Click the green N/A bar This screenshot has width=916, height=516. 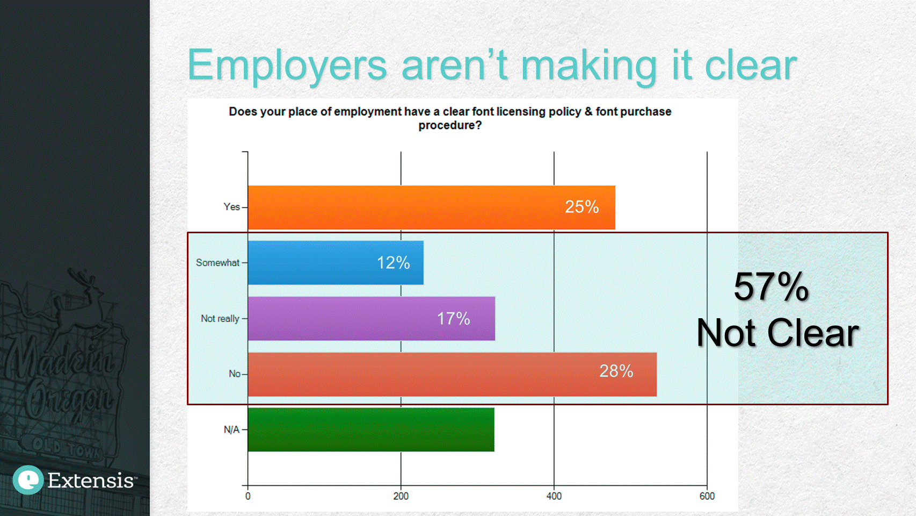pos(370,429)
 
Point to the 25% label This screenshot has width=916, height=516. pos(581,207)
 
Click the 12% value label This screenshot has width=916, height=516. pos(393,263)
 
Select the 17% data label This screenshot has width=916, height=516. pos(453,319)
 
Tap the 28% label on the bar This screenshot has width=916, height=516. pos(616,371)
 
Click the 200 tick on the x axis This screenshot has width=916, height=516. pos(401,496)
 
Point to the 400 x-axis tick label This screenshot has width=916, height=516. pos(554,496)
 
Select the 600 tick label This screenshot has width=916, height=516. pos(707,496)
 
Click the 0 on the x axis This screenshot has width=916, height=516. pos(248,496)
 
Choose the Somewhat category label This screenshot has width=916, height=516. pos(217,263)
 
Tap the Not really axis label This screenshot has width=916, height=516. pos(220,319)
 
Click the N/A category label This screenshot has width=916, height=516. pos(231,429)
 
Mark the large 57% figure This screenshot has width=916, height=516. pos(771,286)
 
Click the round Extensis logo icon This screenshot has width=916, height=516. pos(28,479)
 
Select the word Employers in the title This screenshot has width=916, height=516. pos(287,66)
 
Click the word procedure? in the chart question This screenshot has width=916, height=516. pos(450,125)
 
